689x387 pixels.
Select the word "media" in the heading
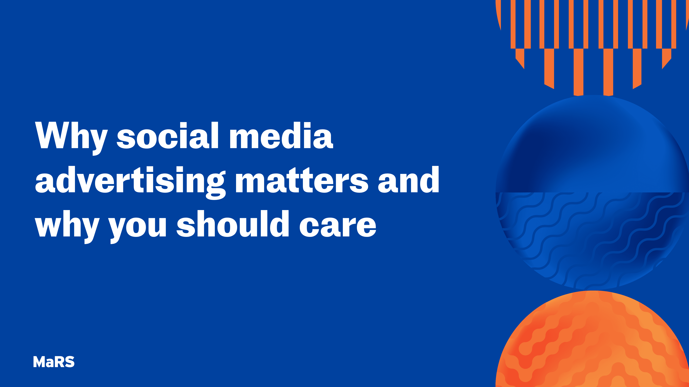coord(281,136)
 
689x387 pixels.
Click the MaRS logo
coord(54,362)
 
